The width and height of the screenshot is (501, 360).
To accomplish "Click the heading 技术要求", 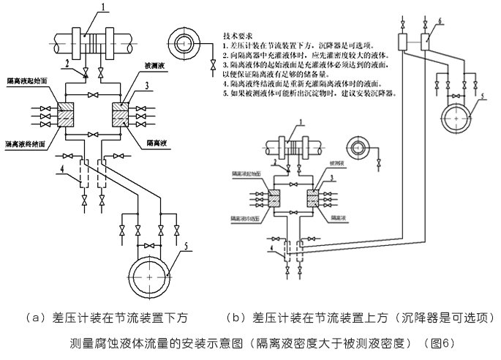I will (x=238, y=34).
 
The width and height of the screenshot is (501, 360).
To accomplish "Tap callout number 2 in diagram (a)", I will (x=66, y=64).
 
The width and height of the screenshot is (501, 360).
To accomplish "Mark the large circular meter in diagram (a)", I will (x=149, y=277).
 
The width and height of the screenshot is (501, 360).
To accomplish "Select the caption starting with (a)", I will (x=107, y=318).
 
